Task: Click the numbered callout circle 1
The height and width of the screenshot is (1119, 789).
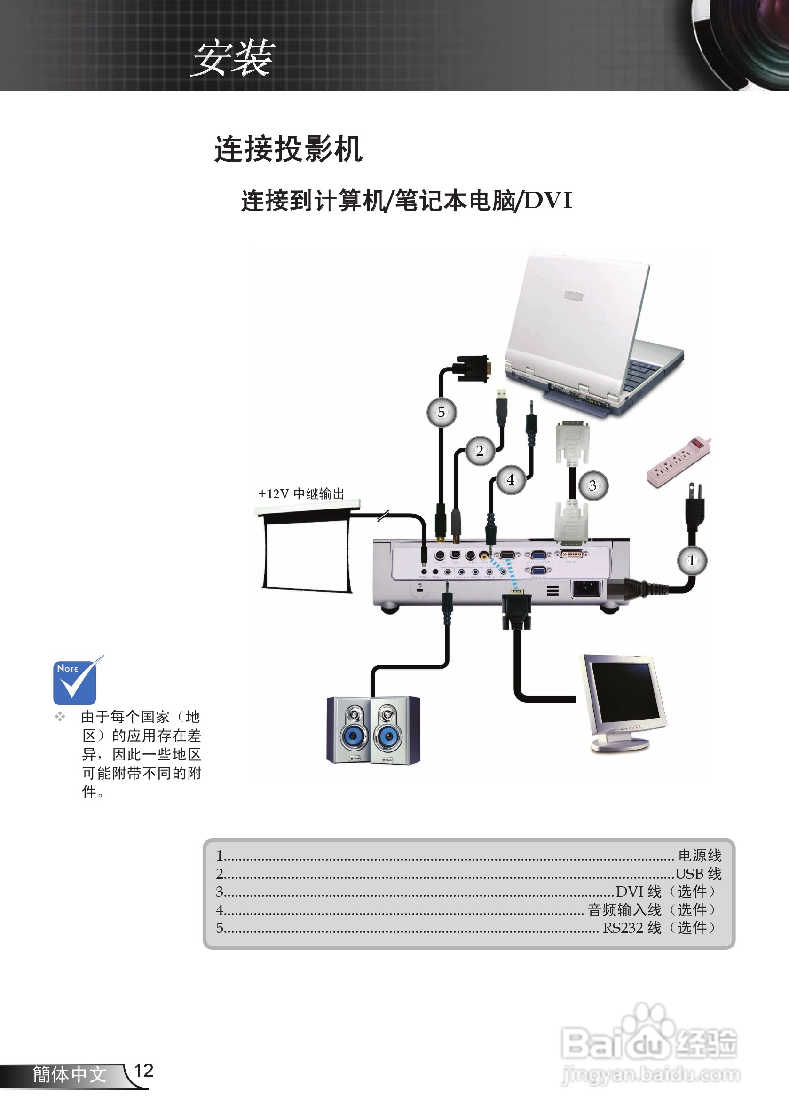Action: click(692, 561)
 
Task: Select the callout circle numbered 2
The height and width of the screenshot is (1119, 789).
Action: click(480, 451)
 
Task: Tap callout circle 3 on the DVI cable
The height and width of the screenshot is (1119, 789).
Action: click(592, 485)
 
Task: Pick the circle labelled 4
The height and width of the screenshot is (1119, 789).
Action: click(510, 479)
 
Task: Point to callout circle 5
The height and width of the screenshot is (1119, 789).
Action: click(442, 412)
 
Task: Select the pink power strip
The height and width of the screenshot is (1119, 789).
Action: click(678, 461)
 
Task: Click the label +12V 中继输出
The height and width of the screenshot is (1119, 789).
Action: click(301, 494)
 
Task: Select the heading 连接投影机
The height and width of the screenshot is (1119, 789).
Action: click(288, 149)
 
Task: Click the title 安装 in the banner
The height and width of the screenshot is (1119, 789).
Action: click(234, 58)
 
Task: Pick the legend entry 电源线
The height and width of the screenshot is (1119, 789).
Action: click(699, 855)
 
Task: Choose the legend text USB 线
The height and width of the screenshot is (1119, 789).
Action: click(698, 873)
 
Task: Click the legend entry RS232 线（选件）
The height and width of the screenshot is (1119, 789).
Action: click(659, 927)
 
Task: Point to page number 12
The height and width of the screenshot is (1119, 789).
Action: click(143, 1071)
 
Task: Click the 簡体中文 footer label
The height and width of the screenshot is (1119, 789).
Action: click(69, 1074)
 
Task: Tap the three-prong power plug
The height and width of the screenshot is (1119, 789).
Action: click(694, 507)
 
